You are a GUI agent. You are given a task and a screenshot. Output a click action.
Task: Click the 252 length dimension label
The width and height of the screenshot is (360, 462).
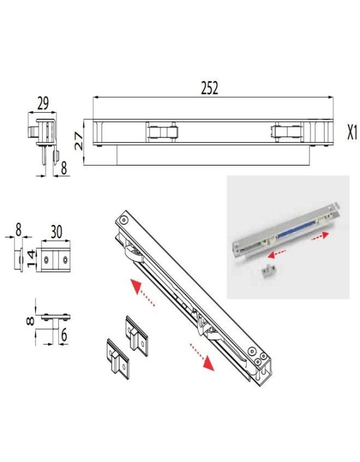tap(209, 88)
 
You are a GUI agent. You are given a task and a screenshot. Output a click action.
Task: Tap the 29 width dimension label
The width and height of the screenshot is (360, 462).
tap(43, 103)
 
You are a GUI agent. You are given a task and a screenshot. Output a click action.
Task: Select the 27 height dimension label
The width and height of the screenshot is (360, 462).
tap(79, 141)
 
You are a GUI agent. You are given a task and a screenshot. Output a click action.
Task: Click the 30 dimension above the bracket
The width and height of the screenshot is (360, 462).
tap(56, 232)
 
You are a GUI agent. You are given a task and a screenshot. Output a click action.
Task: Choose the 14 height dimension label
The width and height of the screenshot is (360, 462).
tap(31, 259)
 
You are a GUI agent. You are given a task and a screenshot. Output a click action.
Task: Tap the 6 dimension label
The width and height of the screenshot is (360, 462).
tap(64, 335)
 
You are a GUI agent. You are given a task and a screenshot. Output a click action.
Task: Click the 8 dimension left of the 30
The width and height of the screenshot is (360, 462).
tap(18, 230)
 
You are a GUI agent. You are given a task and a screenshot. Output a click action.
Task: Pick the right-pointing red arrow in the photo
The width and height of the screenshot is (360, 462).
tap(320, 236)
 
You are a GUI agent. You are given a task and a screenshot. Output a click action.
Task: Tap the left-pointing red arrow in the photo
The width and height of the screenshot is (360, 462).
tap(277, 254)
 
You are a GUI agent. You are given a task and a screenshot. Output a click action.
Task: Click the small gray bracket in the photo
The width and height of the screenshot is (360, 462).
tap(268, 271)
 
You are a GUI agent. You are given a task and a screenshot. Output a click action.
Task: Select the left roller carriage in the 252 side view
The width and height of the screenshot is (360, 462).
tap(163, 131)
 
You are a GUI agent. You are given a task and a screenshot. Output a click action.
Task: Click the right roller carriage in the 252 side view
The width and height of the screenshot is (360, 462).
tap(287, 131)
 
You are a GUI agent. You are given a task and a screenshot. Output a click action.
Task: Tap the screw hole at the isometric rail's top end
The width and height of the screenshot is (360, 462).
tap(124, 219)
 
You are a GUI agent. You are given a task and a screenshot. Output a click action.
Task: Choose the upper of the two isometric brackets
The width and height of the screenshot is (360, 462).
tap(137, 336)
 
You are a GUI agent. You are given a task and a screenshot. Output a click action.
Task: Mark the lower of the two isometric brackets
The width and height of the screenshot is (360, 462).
tap(118, 359)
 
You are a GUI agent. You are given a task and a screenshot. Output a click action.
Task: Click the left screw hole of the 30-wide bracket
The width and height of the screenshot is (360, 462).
tap(46, 260)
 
